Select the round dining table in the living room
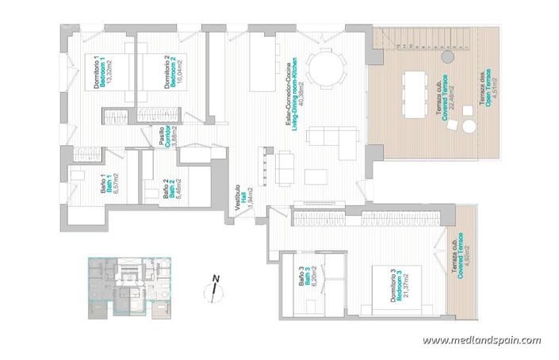(x=322, y=67)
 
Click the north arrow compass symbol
(x=214, y=287)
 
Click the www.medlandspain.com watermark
(x=481, y=340)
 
